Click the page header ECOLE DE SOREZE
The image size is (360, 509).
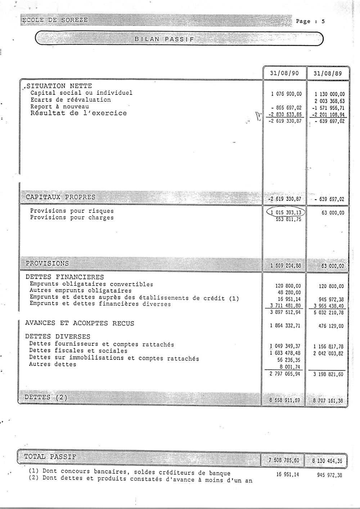coord(55,20)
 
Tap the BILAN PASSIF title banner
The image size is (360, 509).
coord(164,39)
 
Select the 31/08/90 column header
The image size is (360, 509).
coord(285,73)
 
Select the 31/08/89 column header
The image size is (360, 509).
coord(328,73)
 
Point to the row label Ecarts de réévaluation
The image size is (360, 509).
coord(71,100)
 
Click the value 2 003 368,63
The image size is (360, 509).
coord(329,101)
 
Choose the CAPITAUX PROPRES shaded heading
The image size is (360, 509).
coord(60,197)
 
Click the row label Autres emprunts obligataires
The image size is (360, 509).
coord(81,291)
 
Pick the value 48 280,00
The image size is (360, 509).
coord(288,293)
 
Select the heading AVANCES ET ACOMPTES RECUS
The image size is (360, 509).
coord(80,323)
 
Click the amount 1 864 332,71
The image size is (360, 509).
coord(285,326)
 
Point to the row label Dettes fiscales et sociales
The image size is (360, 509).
coord(78,351)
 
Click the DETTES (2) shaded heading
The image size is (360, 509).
coord(46,397)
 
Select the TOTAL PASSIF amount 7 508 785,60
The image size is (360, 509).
coord(284,460)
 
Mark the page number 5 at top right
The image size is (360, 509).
coord(323,21)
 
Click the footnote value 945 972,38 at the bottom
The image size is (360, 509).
coord(329,475)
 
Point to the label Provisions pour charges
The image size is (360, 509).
coord(72,218)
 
